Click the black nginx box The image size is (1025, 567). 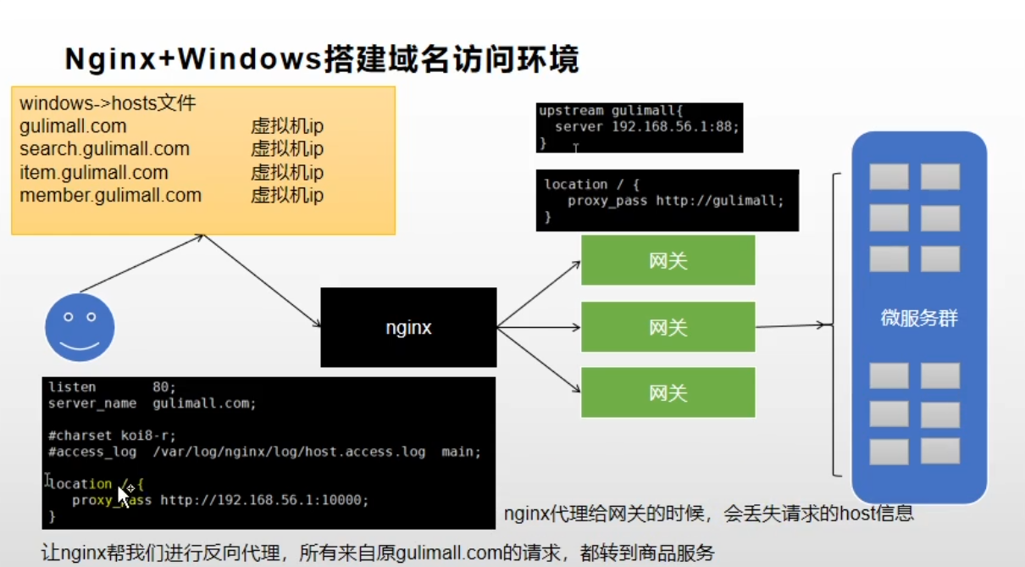[x=408, y=327]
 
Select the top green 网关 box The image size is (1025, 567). [x=668, y=260]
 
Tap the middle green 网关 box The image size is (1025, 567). [x=668, y=327]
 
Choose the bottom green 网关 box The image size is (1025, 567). [x=668, y=392]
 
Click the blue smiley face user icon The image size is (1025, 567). [x=80, y=327]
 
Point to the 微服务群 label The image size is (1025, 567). [x=919, y=319]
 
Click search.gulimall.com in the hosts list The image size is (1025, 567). [x=104, y=149]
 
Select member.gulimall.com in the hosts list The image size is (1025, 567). [x=110, y=196]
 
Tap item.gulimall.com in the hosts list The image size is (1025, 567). [x=93, y=173]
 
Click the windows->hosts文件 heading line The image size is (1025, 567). [x=108, y=103]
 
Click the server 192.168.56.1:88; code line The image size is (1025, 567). [x=647, y=127]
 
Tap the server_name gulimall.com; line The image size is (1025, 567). [x=152, y=403]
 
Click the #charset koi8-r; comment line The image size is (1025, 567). [x=112, y=436]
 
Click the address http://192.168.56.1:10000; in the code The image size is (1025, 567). [x=264, y=500]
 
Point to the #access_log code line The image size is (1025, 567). [x=264, y=452]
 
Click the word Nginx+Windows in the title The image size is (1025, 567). [x=193, y=60]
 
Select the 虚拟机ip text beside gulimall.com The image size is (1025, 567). [x=287, y=126]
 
